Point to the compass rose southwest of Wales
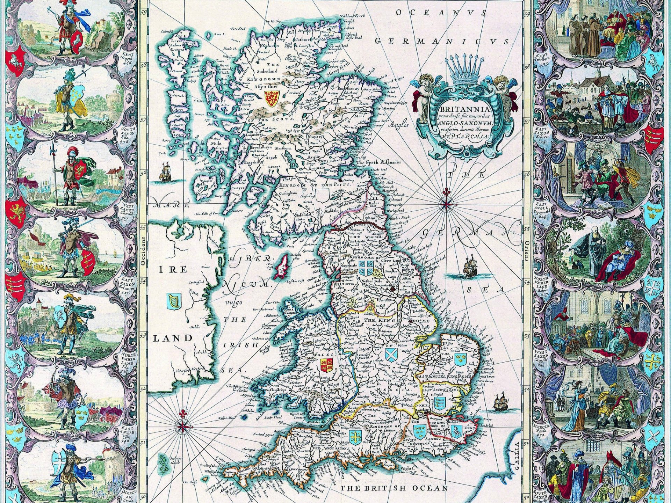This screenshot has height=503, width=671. pyautogui.click(x=183, y=425)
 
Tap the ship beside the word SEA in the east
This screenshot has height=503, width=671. pyautogui.click(x=470, y=266)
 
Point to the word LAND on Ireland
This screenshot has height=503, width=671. pyautogui.click(x=173, y=338)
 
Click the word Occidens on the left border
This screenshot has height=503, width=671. pyautogui.click(x=143, y=252)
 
